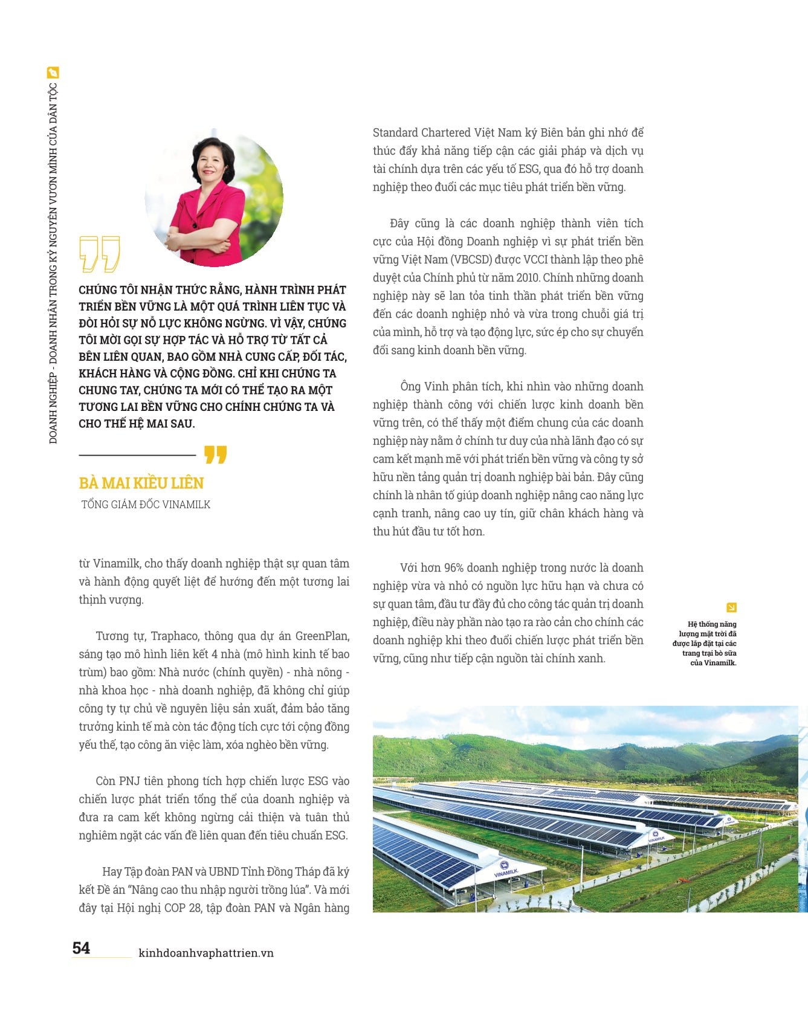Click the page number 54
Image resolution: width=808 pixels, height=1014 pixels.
pyautogui.click(x=81, y=948)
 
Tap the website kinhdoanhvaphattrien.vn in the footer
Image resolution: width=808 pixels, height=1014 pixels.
pyautogui.click(x=206, y=953)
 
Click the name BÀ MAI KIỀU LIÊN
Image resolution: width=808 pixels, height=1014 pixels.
pyautogui.click(x=141, y=483)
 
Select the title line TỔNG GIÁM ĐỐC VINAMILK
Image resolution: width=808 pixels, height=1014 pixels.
pyautogui.click(x=146, y=505)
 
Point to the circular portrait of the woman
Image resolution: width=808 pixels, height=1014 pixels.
pyautogui.click(x=214, y=198)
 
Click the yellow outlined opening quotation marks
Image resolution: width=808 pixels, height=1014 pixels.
pyautogui.click(x=100, y=253)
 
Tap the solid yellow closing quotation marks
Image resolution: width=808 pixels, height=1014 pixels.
pyautogui.click(x=215, y=454)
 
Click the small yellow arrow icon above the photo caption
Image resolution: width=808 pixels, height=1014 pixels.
pyautogui.click(x=731, y=607)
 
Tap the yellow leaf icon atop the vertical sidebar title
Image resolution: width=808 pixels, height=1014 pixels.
pyautogui.click(x=53, y=73)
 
